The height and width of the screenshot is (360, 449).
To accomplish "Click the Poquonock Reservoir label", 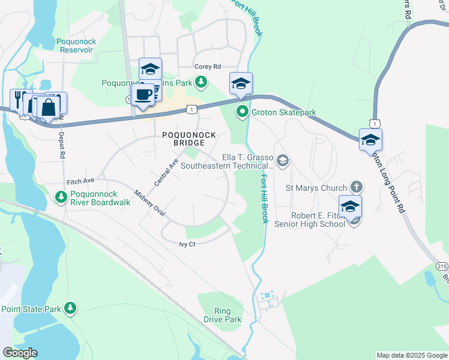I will (76, 46).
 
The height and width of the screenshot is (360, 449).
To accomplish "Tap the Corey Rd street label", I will (208, 67).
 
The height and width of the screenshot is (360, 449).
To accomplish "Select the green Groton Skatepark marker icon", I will (243, 112).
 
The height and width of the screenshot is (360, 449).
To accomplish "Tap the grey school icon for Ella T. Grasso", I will (283, 160).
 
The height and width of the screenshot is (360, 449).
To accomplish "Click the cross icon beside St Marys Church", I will (357, 188).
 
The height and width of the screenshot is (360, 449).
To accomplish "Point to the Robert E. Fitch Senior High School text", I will (309, 219).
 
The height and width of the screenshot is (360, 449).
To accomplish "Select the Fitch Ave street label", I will (81, 181).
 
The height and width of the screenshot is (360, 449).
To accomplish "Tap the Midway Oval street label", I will (149, 204).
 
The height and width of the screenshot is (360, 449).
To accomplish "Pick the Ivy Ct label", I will (187, 244).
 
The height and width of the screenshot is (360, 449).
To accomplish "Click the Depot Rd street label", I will (62, 144).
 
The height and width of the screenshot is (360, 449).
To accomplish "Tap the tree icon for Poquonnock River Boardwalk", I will (61, 197).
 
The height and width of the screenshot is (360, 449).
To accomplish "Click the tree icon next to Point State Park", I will (71, 308).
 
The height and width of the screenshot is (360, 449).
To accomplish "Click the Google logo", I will (20, 353).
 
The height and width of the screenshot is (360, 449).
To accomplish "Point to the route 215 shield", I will (441, 265).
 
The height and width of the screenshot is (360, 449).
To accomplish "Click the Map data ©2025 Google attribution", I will (411, 355).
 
